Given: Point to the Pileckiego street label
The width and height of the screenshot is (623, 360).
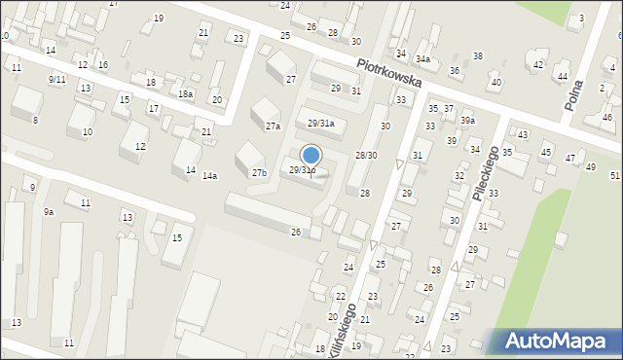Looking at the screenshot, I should (x=486, y=174).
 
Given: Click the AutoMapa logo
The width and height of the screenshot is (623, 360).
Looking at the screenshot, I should (x=560, y=341).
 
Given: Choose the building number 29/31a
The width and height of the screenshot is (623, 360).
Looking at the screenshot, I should (x=321, y=124).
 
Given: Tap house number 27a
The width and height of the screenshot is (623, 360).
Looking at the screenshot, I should (x=273, y=126).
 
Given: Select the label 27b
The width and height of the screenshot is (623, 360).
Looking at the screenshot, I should (x=259, y=173).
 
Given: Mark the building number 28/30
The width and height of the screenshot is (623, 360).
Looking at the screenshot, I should (x=366, y=156).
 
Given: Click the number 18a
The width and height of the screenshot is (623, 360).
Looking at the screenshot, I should (x=185, y=93).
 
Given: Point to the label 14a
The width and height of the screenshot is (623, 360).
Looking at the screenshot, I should (x=209, y=176).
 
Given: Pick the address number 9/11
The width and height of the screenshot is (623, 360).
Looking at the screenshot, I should (x=56, y=79).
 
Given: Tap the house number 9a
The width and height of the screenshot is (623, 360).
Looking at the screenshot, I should (x=49, y=211).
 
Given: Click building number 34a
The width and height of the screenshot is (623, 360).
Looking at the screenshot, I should (x=422, y=59).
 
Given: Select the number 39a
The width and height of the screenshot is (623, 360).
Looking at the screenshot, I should (x=468, y=121).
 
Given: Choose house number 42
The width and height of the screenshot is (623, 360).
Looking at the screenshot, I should (x=538, y=64).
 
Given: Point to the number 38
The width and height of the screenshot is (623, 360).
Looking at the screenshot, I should (x=478, y=56).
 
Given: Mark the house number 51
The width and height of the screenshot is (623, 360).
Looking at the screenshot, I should (x=614, y=175).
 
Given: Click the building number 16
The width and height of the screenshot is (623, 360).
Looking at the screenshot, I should (x=102, y=65).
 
